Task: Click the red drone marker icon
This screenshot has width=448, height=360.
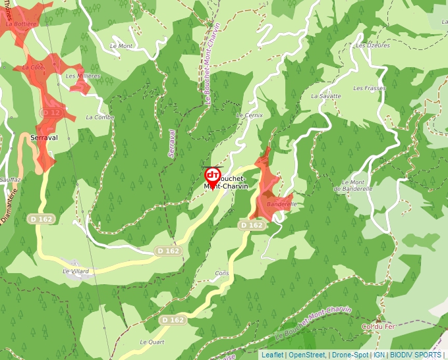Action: click(x=212, y=175)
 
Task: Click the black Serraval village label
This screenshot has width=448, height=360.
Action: click(x=44, y=138)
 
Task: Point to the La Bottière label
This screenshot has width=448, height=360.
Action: click(x=20, y=23)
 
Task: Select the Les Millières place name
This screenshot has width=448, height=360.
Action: click(x=83, y=76)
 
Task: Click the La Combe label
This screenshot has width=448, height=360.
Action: click(x=100, y=117)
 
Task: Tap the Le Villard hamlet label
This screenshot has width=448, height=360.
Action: click(x=75, y=270)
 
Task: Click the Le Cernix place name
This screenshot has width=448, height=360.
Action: click(x=249, y=115)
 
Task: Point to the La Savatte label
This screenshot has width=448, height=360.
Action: click(x=326, y=96)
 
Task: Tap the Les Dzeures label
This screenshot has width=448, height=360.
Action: click(x=372, y=45)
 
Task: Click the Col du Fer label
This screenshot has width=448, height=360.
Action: click(x=377, y=326)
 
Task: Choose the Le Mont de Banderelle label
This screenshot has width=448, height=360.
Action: click(x=354, y=186)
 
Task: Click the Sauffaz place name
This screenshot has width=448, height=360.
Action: click(x=11, y=179)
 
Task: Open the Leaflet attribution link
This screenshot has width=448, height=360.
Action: click(x=272, y=355)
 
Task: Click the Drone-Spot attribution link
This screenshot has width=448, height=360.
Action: click(x=350, y=355)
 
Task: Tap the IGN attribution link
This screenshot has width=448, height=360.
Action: click(x=379, y=355)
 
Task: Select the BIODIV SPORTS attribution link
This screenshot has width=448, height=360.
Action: click(x=416, y=355)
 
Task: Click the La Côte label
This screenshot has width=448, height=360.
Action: click(x=33, y=67)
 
